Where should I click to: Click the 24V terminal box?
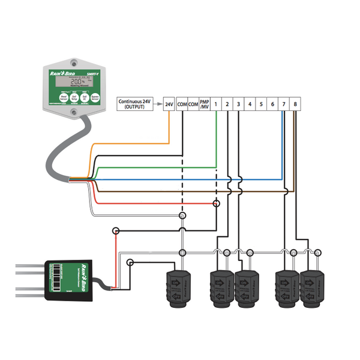tap(169, 104)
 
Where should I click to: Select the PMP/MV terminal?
tap(205, 104)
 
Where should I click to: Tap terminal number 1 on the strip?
tap(216, 104)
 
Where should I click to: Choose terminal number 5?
tap(261, 104)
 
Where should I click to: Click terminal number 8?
tap(296, 104)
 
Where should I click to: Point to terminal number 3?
tap(239, 104)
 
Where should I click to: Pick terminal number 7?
tap(284, 104)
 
